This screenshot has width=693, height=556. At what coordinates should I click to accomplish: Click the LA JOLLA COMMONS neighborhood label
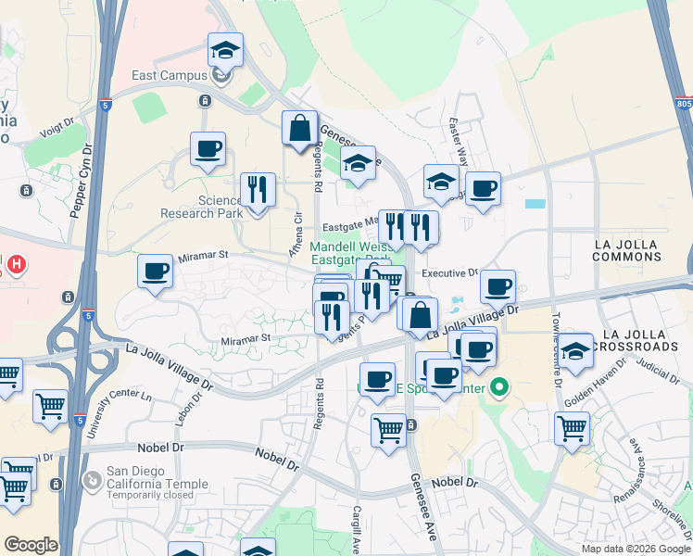pyautogui.click(x=637, y=250)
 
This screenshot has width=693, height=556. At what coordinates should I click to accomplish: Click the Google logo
pyautogui.click(x=31, y=545)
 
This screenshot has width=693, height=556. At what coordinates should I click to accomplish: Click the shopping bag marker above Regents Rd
pyautogui.click(x=300, y=128)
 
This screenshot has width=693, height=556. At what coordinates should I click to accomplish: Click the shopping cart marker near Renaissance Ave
pyautogui.click(x=573, y=428)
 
